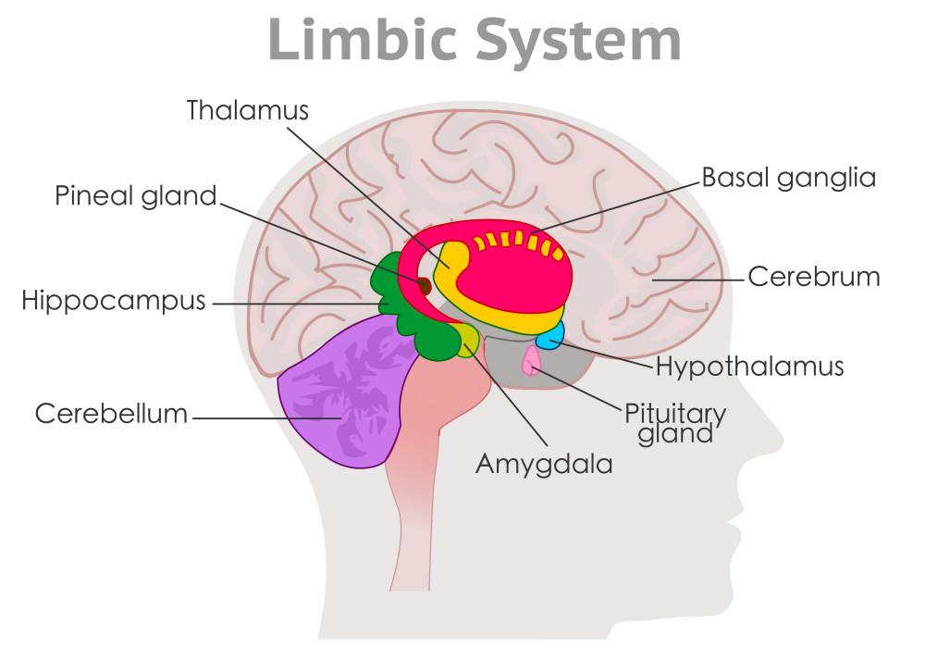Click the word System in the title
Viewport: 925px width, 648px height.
[577, 39]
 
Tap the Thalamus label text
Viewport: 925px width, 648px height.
[247, 110]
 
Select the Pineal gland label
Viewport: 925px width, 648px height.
[135, 196]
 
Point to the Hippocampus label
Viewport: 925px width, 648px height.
[114, 301]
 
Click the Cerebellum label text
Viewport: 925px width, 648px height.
[111, 414]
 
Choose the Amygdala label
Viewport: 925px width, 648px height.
[544, 463]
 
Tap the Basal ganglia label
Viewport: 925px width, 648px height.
[788, 177]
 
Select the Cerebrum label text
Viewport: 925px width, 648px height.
[814, 276]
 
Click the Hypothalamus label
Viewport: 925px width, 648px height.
[749, 366]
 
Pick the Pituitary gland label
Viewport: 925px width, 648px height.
[675, 421]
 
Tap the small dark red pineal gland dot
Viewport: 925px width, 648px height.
[425, 286]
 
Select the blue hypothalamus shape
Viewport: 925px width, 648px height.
[551, 336]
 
